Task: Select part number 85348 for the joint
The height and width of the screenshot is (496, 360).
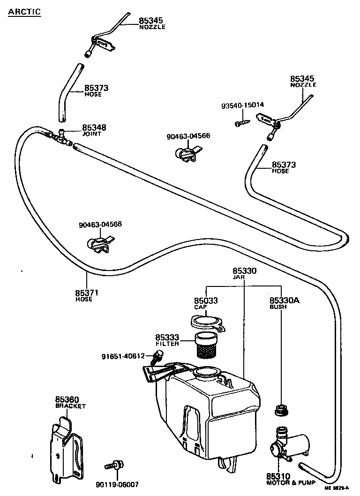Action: pyautogui.click(x=94, y=128)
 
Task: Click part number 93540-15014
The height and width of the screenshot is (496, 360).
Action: pyautogui.click(x=242, y=105)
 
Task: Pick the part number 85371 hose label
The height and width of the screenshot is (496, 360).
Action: pyautogui.click(x=87, y=293)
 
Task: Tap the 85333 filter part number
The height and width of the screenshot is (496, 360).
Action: pyautogui.click(x=167, y=337)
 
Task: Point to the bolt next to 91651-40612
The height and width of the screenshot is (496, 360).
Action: pyautogui.click(x=156, y=359)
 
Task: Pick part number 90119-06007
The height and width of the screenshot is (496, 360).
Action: pyautogui.click(x=121, y=484)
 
